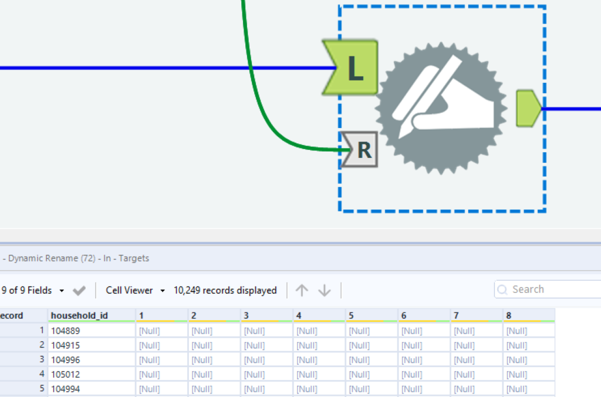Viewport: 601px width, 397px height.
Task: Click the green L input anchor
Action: click(x=350, y=68)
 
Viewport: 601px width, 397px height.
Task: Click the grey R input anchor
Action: click(x=360, y=150)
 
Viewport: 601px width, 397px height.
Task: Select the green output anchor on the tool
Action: click(x=528, y=108)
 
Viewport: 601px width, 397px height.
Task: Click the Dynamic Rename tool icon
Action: click(x=441, y=108)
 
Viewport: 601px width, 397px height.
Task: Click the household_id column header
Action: click(x=80, y=315)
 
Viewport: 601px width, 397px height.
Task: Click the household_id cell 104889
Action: click(x=66, y=331)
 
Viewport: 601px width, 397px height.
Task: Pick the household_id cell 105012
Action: click(x=66, y=374)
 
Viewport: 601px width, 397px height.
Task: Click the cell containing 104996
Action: click(x=66, y=359)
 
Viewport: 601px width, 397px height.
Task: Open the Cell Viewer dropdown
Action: click(x=136, y=290)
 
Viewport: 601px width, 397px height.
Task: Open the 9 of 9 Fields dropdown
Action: click(x=33, y=290)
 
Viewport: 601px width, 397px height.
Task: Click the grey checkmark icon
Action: click(x=79, y=291)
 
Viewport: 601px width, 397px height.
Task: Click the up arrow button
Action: click(x=302, y=290)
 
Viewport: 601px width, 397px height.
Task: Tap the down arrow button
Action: click(x=325, y=290)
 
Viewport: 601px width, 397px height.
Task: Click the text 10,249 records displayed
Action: click(x=225, y=290)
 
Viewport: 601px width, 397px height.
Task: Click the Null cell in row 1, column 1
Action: click(x=150, y=331)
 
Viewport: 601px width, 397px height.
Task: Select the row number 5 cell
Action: click(x=23, y=389)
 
